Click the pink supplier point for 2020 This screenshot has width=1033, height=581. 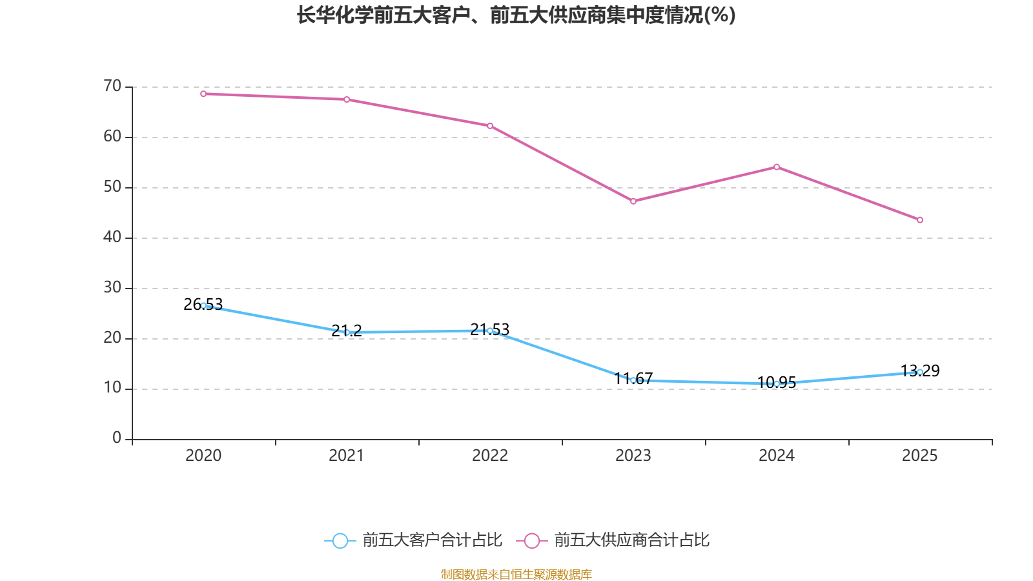point(203,94)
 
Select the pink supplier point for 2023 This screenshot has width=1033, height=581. point(633,201)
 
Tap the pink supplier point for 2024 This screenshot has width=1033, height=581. point(777,167)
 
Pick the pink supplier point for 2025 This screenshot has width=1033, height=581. point(920,220)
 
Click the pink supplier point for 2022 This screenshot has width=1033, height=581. point(490,126)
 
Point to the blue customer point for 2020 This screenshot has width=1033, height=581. point(203,305)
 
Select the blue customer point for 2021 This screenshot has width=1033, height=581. point(347,332)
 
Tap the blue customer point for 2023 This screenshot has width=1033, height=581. point(633,380)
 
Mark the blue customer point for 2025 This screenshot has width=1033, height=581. point(920,372)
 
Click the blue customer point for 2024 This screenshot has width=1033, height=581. point(777,383)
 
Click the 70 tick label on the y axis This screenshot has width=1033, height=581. point(112,86)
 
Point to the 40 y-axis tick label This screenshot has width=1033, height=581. point(112,237)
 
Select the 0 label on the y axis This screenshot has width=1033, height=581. point(117,438)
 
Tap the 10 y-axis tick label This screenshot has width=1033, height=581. point(112,388)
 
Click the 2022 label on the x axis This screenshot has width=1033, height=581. point(490,456)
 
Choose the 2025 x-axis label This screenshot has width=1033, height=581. point(919,456)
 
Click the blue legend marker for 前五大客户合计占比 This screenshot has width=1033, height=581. point(340,540)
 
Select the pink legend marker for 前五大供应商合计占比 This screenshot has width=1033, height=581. point(531,540)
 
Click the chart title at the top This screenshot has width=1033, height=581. point(516,15)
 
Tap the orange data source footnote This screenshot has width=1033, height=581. point(516,574)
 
